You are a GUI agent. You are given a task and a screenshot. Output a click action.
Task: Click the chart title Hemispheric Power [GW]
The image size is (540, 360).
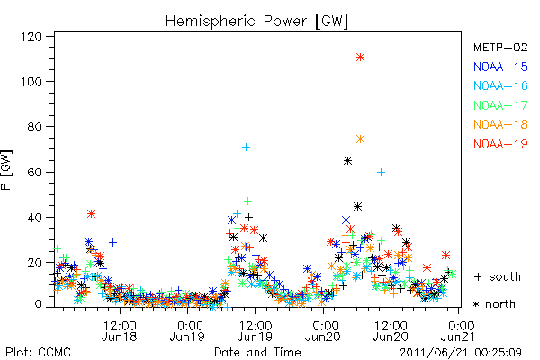coord(256,22)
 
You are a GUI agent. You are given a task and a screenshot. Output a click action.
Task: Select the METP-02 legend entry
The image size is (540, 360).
coord(500,48)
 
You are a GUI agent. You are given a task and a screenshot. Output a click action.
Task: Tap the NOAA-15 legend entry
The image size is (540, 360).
coord(500,67)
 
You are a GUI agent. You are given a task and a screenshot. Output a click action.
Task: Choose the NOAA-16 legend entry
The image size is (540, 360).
coord(500,85)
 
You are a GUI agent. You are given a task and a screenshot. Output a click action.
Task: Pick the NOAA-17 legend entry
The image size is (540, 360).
coord(500,105)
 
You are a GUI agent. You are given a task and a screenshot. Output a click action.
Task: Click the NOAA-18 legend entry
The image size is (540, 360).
coord(500,124)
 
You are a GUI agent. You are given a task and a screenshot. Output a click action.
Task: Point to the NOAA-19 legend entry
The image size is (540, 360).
coord(500,144)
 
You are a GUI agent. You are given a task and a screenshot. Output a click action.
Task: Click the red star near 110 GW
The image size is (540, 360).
coord(360,58)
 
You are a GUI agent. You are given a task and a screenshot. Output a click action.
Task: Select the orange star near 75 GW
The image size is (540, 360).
coord(360,139)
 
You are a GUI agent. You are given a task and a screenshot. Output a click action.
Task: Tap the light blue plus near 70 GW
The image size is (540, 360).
coord(246,148)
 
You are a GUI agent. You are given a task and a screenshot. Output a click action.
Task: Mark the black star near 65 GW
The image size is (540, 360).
coord(347,160)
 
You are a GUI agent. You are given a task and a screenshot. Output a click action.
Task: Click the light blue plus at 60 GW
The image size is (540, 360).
coord(381,172)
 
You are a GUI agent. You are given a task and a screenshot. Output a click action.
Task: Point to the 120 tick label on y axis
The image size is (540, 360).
coord(31,37)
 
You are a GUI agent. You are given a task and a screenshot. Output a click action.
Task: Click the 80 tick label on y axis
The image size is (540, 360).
coord(35,127)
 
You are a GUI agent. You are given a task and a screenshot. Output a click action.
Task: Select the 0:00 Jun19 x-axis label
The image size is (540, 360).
coord(188,330)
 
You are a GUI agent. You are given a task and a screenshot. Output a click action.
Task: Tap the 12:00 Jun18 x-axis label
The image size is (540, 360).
coord(120,330)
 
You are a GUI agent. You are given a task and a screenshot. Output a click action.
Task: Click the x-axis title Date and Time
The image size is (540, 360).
coord(257,352)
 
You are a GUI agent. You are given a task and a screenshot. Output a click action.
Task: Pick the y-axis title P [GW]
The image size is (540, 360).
coord(6,170)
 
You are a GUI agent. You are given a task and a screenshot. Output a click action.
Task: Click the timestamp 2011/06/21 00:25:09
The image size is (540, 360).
coord(461,353)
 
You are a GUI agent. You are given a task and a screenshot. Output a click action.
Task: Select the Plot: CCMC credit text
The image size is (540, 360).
coord(38,353)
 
